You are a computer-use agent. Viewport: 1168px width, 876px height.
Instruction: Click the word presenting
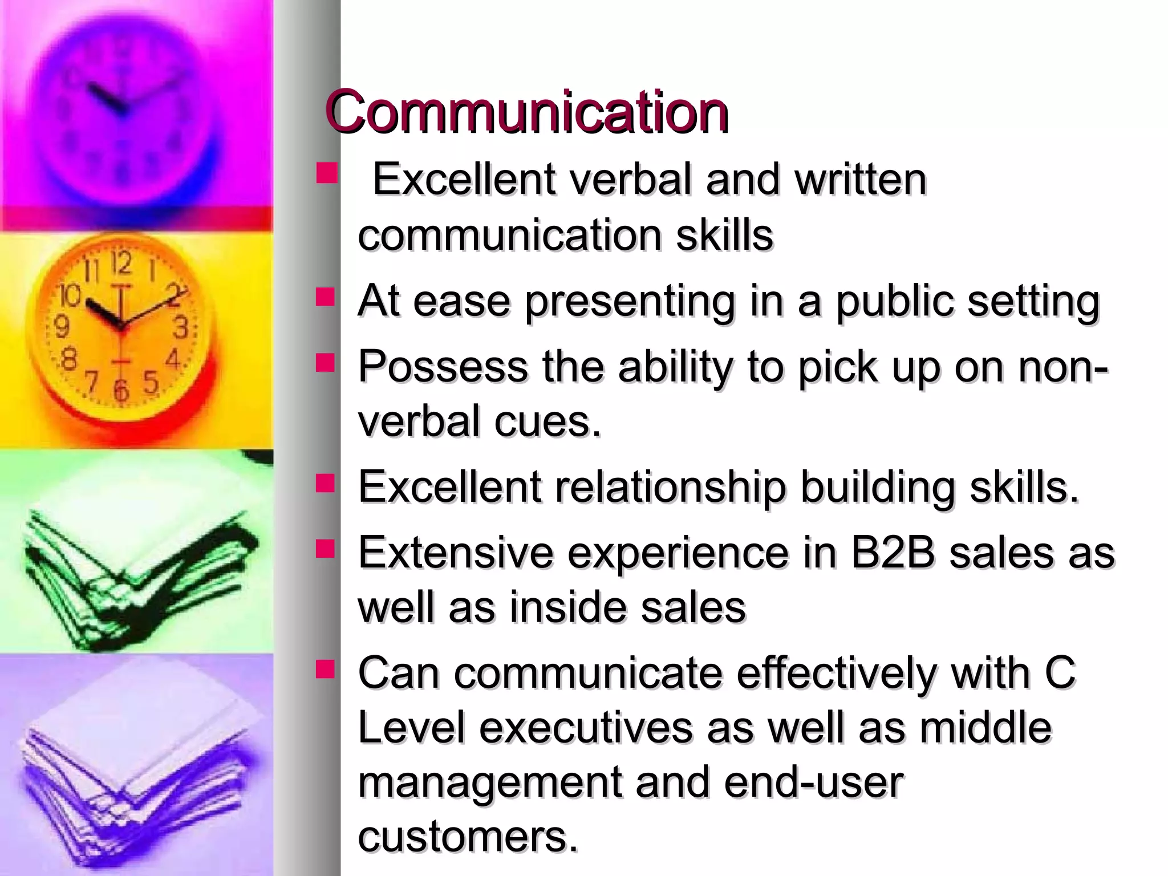tap(630, 302)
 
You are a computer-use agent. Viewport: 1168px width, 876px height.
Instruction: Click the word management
tap(490, 782)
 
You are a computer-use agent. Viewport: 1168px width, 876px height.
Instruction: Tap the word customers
tap(468, 837)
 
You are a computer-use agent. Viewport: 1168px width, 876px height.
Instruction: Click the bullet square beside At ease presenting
tap(326, 297)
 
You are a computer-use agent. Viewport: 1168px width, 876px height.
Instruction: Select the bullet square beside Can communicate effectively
tap(326, 668)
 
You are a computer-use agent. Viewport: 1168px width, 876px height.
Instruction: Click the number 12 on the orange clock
tap(121, 263)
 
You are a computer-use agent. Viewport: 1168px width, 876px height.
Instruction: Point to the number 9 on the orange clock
tap(61, 327)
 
